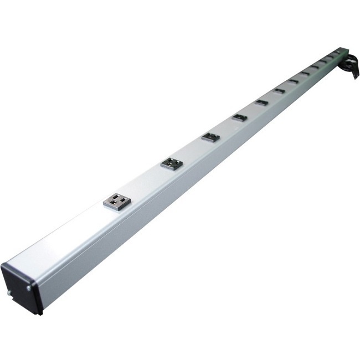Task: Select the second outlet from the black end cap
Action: pyautogui.click(x=172, y=162)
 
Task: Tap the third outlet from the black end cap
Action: pyautogui.click(x=210, y=136)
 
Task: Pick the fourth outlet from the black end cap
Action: pyautogui.click(x=239, y=117)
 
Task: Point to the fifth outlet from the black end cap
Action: pyautogui.click(x=261, y=102)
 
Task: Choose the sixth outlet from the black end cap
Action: pyautogui.click(x=279, y=90)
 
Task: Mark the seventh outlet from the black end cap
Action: pyautogui.click(x=294, y=81)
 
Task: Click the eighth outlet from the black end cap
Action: pyautogui.click(x=305, y=73)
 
